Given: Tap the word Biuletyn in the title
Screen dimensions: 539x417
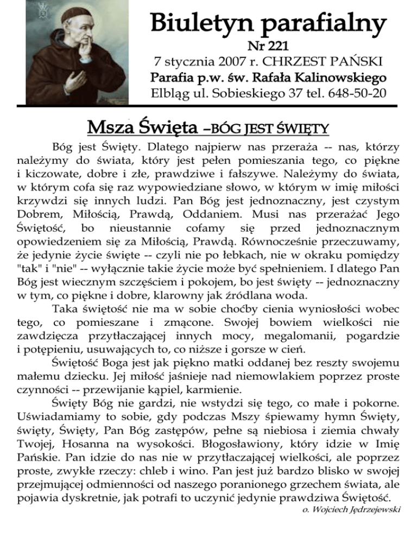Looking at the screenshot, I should click(194, 23).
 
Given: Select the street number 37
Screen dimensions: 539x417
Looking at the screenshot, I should click(278, 93).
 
